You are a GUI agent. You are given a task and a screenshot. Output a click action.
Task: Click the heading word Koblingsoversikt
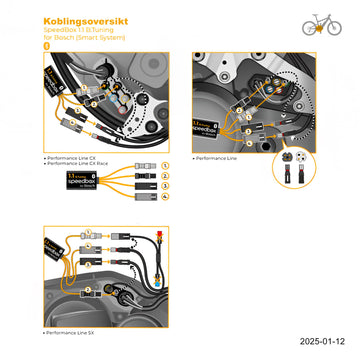(78, 20)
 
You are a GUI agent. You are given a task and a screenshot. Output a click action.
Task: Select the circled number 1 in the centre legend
(166, 163)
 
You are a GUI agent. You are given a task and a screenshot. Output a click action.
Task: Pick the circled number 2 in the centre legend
(166, 174)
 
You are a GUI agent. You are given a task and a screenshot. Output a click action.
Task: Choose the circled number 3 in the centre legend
(166, 185)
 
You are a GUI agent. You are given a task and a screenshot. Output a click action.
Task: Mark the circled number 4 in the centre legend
(166, 197)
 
